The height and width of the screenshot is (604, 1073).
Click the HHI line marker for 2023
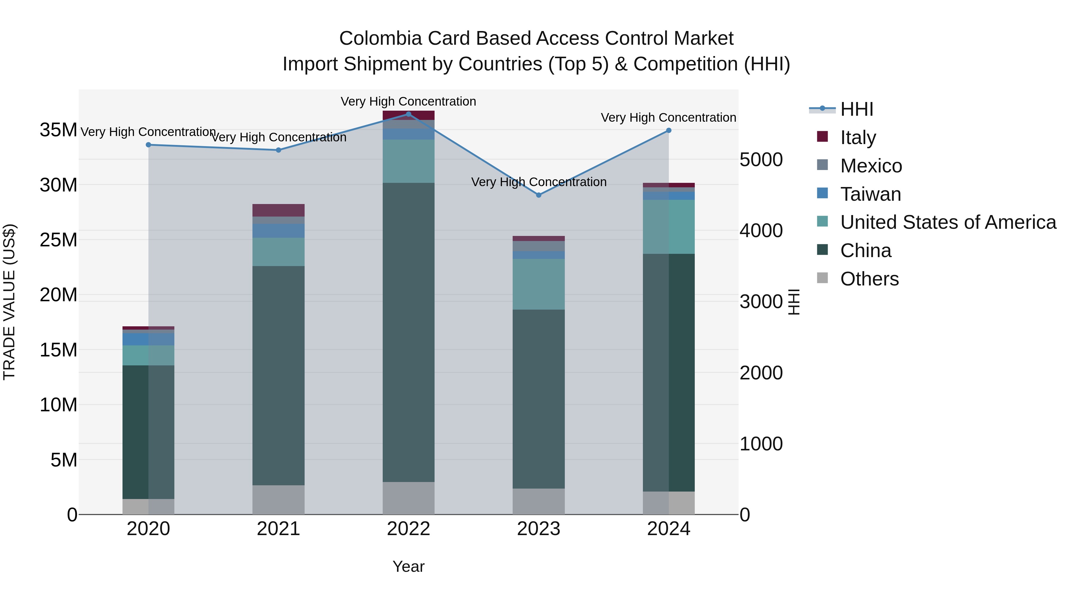(539, 195)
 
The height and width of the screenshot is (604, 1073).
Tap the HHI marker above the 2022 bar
(409, 114)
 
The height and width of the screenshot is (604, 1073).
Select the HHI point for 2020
(148, 145)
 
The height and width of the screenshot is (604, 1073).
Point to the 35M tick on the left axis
(58, 130)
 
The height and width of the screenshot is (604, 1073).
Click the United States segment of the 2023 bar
(539, 284)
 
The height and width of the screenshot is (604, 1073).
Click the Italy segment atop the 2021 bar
(278, 210)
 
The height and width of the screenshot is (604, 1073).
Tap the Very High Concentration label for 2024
(668, 118)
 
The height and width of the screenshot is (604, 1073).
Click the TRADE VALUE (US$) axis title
(9, 302)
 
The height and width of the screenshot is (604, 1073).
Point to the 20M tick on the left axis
(58, 295)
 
